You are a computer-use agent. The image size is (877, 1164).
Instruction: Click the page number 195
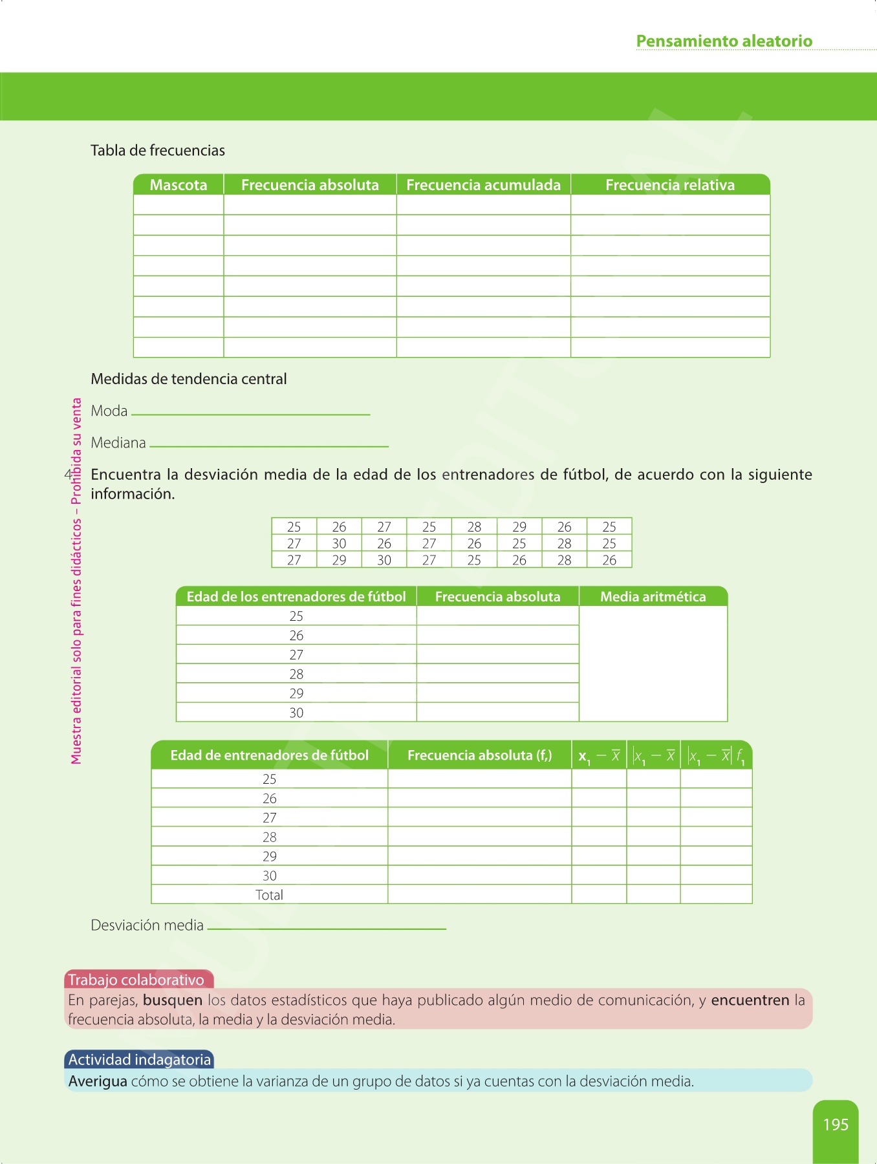point(835,1125)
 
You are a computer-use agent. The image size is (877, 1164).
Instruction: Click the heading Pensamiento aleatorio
point(724,41)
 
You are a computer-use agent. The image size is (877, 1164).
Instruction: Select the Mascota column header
point(179,185)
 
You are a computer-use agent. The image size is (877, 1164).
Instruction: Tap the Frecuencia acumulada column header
point(483,185)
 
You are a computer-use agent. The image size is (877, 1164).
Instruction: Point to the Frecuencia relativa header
point(670,185)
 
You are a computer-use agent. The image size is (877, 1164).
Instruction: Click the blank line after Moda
point(250,413)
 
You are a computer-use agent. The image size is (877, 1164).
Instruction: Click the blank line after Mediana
point(268,445)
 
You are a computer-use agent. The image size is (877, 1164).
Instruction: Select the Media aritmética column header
point(653,597)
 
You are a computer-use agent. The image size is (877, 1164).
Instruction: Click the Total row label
point(269,895)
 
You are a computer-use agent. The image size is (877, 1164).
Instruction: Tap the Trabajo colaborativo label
point(136,980)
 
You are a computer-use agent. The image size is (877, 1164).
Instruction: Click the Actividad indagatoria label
point(140,1060)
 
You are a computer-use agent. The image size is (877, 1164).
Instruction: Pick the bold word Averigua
point(98,1081)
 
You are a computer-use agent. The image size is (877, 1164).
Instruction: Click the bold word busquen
point(173,1000)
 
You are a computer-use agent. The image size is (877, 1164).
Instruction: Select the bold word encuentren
point(750,1000)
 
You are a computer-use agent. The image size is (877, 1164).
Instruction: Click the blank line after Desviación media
point(327,928)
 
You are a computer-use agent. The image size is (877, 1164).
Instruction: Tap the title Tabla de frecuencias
point(158,151)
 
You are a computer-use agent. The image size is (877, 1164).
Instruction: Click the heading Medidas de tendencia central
point(188,379)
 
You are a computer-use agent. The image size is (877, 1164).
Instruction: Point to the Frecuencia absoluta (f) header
point(479,755)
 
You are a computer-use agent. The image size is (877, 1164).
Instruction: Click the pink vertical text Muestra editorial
point(77,582)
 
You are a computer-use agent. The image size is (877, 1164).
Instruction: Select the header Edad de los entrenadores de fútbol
point(296,597)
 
